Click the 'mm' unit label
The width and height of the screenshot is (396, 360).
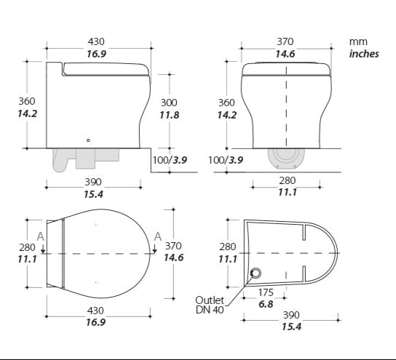[x=357, y=42]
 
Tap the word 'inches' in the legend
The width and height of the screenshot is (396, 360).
[x=364, y=54]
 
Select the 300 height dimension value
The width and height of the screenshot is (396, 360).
[x=169, y=103]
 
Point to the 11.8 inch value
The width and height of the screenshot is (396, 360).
[x=169, y=115]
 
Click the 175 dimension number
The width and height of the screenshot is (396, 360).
[x=266, y=293]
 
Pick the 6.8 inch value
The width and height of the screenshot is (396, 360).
[x=266, y=305]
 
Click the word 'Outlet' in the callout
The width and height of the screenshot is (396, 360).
[x=210, y=300]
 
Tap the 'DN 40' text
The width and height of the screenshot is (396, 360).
[x=210, y=311]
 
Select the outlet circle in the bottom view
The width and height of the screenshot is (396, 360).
[x=256, y=273]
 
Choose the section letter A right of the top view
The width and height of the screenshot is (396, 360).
[x=158, y=235]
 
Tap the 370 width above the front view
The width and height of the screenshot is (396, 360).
[x=285, y=42]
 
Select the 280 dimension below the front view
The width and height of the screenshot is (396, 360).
[x=285, y=180]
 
